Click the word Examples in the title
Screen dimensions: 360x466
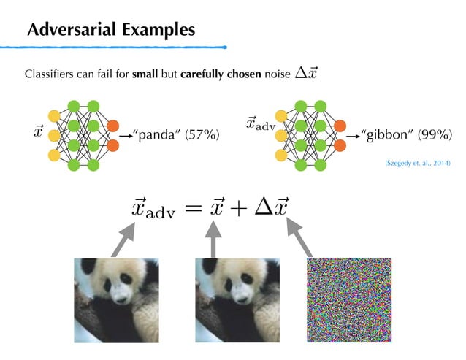click(158, 30)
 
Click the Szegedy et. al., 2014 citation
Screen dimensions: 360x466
click(418, 166)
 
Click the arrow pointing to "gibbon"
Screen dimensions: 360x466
click(353, 135)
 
